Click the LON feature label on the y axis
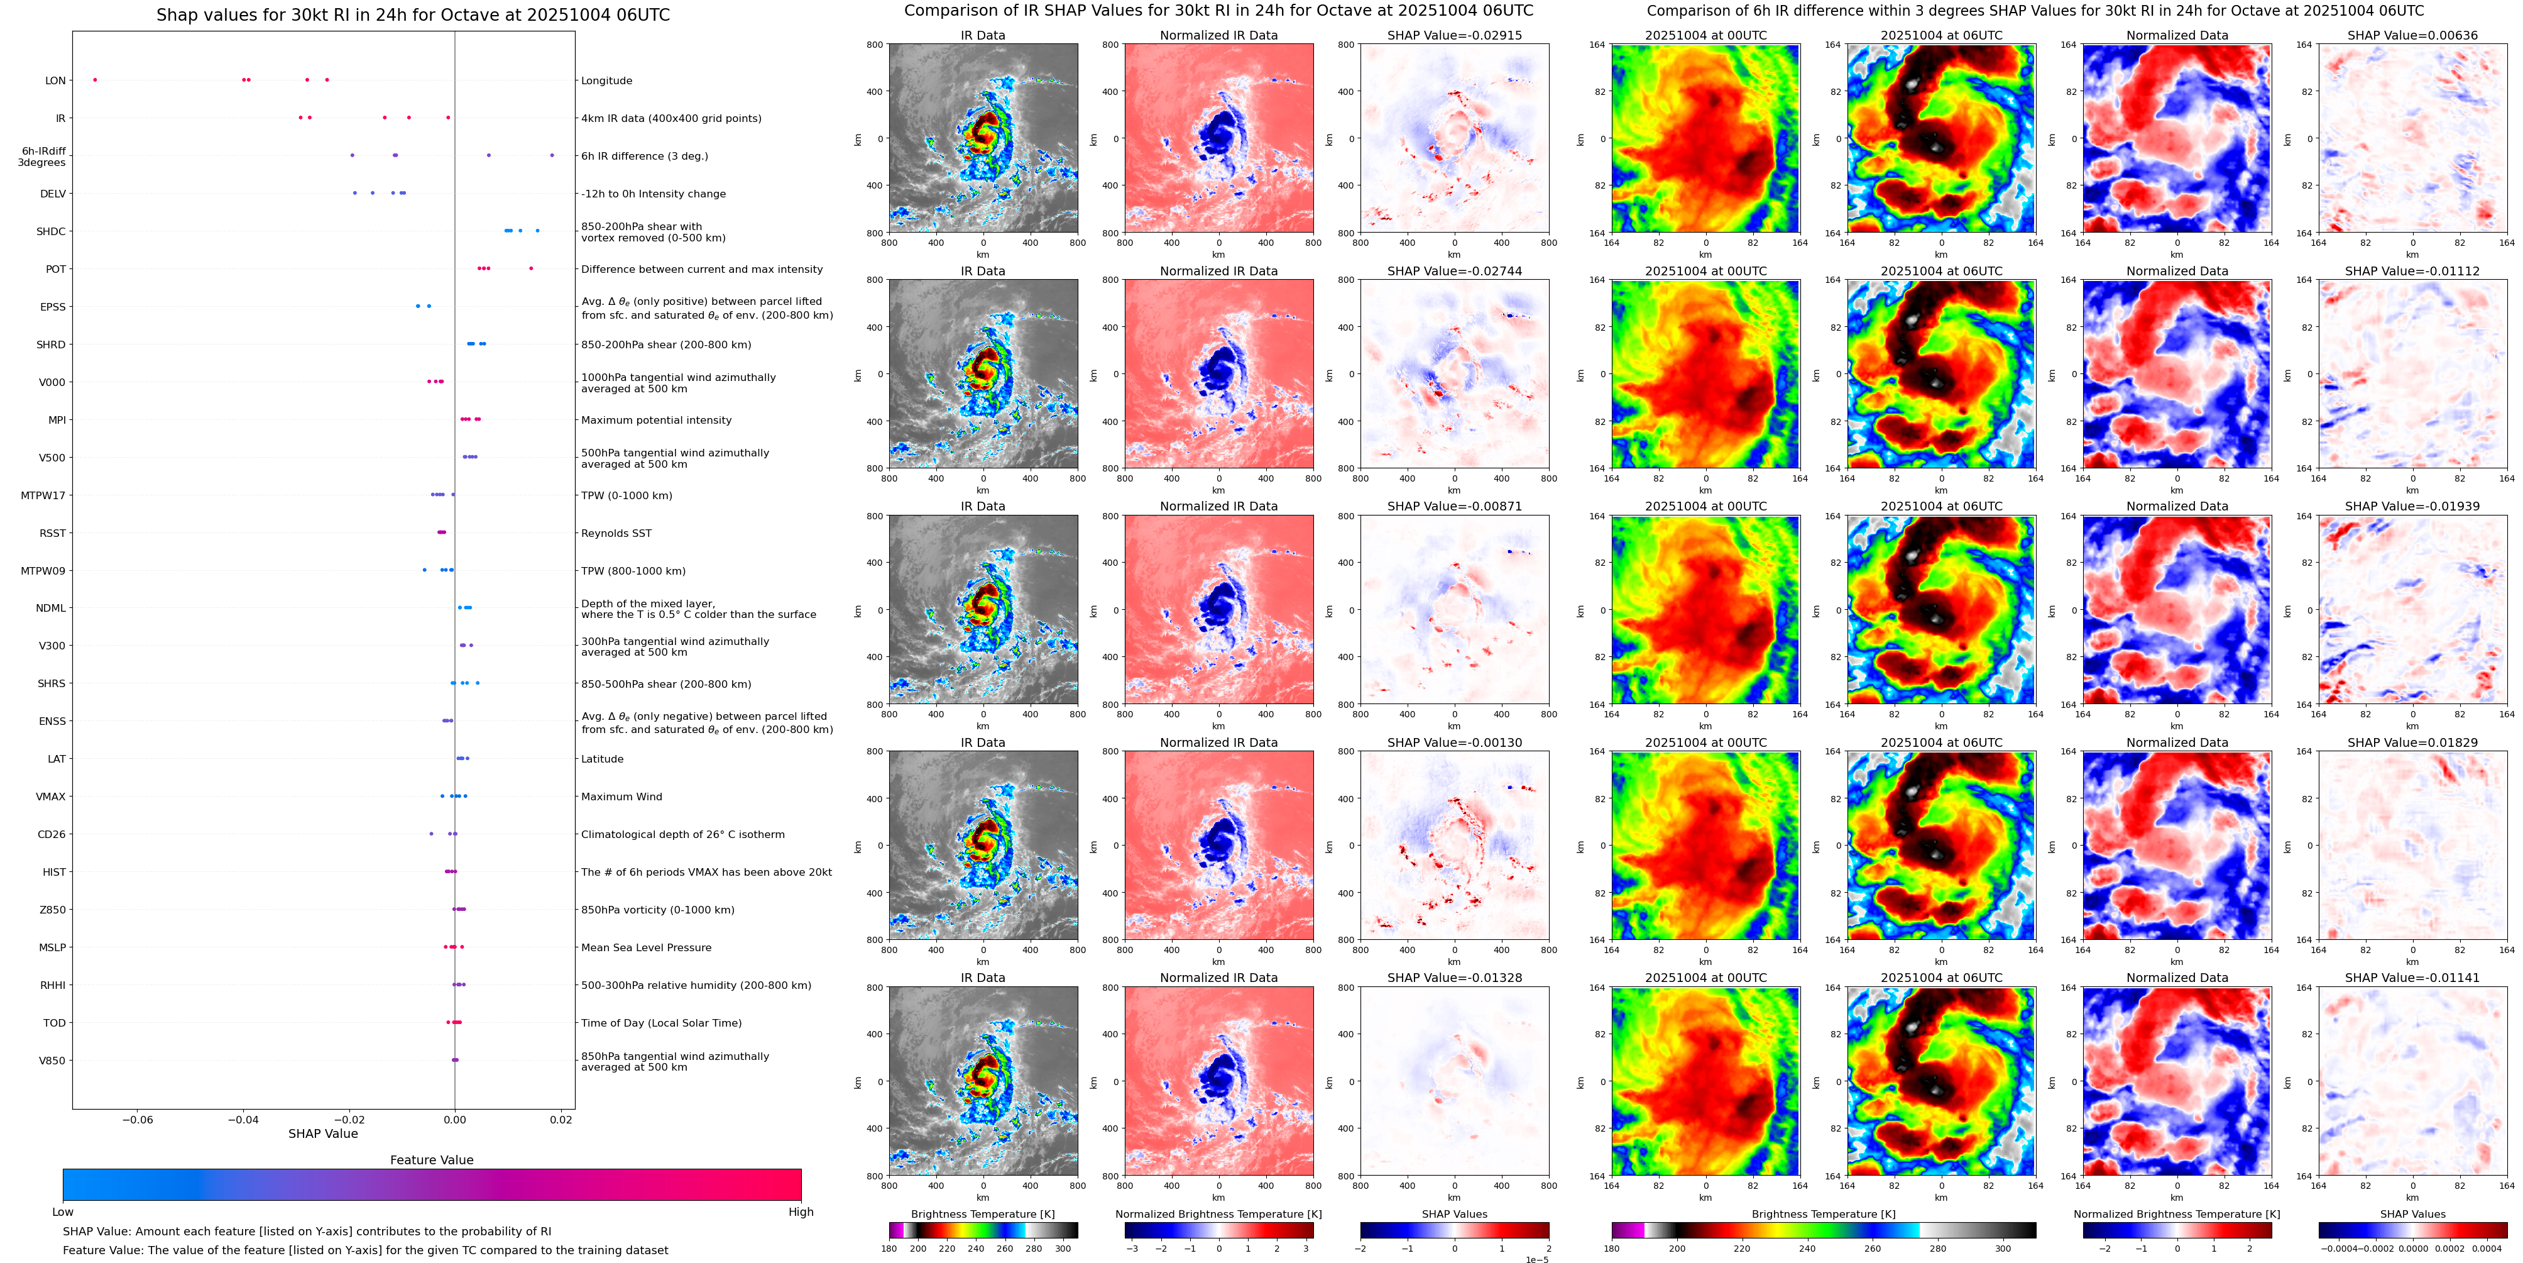coord(55,80)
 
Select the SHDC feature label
coord(51,231)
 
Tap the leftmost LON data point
coord(94,79)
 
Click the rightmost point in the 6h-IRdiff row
coord(552,155)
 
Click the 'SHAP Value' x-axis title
coord(322,1133)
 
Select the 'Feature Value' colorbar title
coord(431,1159)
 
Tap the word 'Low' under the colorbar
coord(63,1212)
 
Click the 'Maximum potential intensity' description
coord(656,421)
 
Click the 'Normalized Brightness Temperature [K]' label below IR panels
coord(1218,1214)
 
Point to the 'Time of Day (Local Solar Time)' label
coord(661,1023)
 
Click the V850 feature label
coord(52,1060)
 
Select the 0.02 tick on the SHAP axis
coord(561,1119)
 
